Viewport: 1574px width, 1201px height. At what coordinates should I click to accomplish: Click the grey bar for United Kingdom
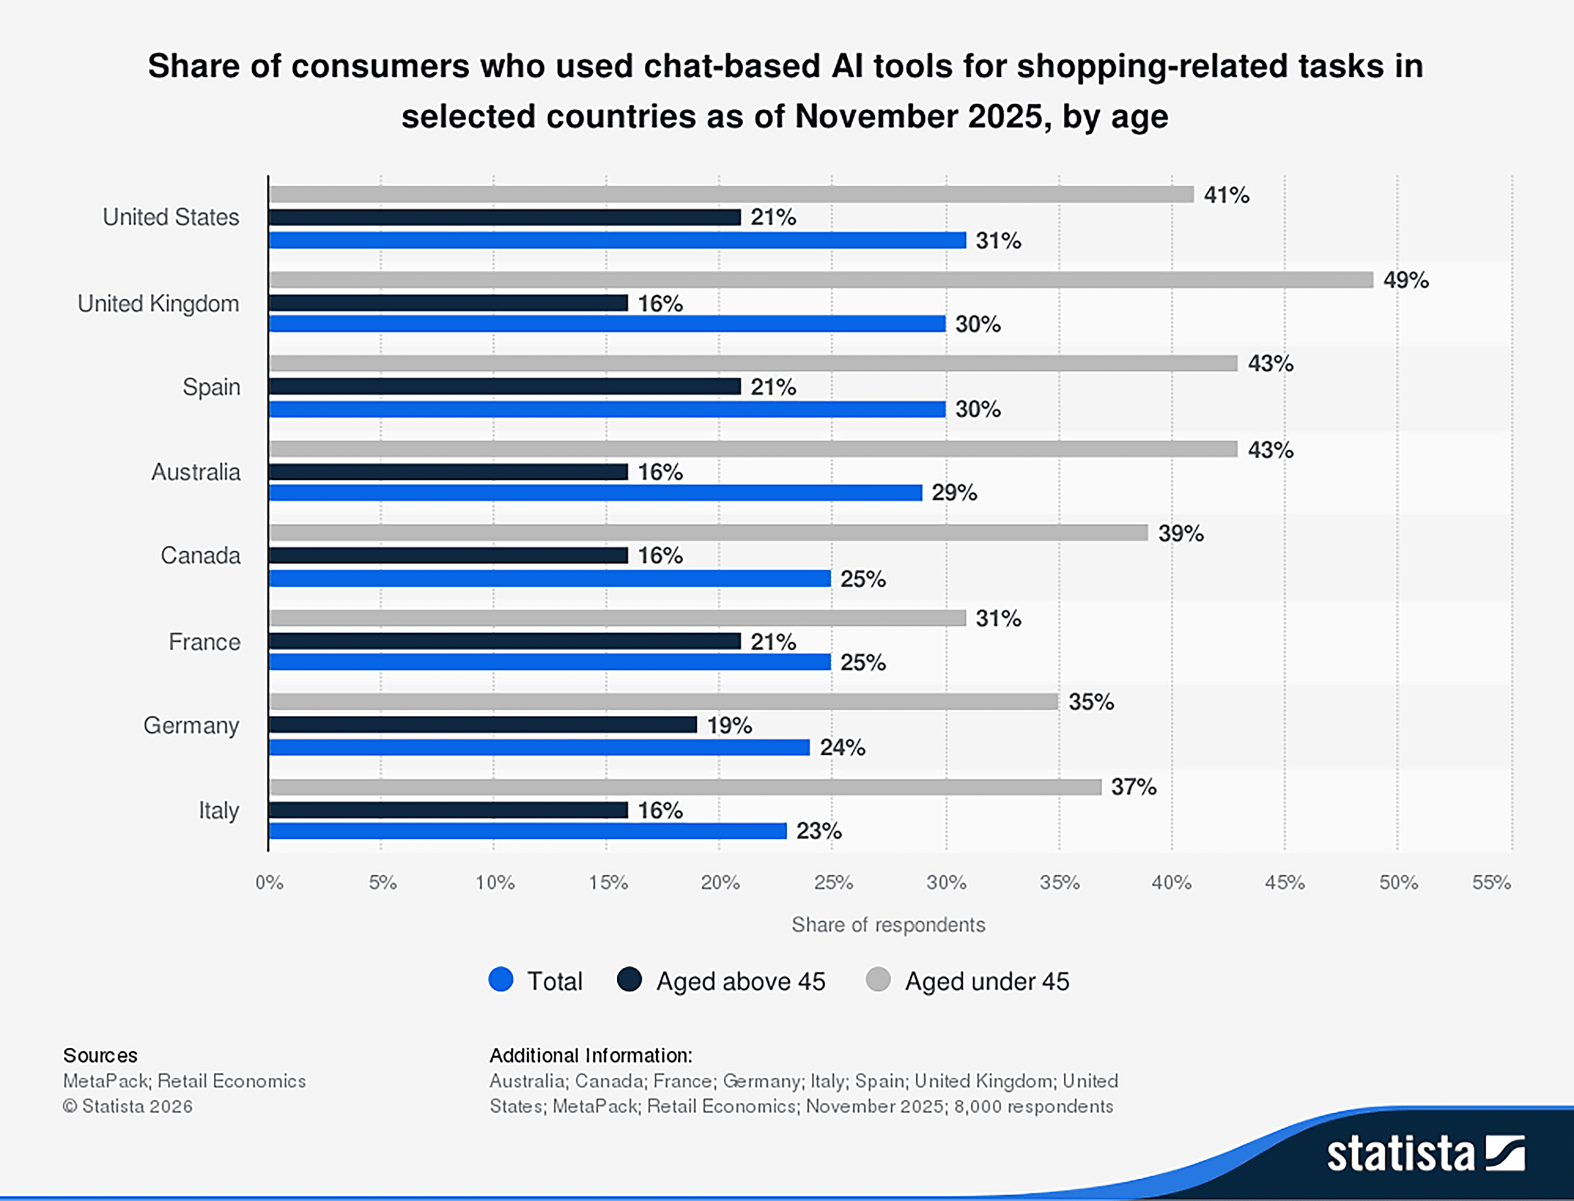821,279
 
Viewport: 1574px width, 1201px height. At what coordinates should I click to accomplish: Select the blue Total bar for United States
617,240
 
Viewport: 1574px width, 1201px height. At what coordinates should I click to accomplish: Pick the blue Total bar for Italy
528,831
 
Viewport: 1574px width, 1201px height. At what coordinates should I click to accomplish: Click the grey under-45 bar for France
617,617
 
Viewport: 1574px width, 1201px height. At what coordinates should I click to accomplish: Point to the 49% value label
1405,280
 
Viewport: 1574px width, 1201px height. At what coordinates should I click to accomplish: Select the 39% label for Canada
1180,533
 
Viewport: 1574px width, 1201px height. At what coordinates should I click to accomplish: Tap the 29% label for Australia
954,493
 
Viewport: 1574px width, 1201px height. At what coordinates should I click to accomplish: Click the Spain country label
211,386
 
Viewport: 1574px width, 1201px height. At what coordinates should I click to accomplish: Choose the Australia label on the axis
195,472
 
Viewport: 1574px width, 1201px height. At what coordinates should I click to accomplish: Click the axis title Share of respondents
888,925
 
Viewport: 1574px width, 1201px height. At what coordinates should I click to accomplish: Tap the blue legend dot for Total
501,979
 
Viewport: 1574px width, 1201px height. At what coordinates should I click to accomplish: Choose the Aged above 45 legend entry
740,981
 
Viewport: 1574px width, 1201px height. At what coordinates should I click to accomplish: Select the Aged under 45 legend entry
986,981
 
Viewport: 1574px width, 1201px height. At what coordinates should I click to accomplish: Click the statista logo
1425,1153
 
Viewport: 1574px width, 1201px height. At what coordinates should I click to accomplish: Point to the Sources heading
100,1055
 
